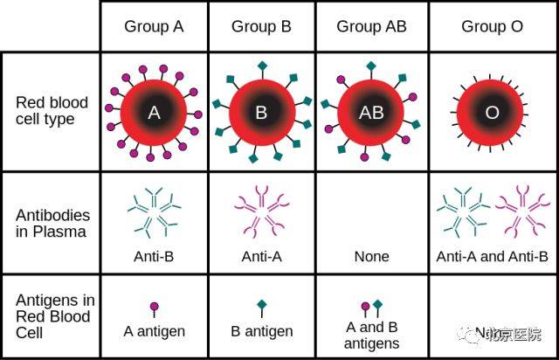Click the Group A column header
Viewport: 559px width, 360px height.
coord(154,27)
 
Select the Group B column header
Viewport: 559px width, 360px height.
coord(261,27)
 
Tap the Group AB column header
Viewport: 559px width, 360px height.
coord(371,27)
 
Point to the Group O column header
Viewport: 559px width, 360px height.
coord(492,27)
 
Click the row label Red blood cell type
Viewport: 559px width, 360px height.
coord(52,111)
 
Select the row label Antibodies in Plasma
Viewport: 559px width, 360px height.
coord(52,223)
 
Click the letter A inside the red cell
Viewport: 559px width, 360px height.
coord(154,113)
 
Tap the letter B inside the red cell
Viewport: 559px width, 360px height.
coord(261,113)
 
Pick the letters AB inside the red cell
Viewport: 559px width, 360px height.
coord(371,113)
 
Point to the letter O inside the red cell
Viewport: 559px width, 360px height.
coord(492,113)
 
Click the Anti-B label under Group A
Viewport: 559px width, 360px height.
coord(154,257)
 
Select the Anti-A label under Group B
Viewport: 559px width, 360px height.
coord(261,257)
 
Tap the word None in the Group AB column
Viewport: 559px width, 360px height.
coord(371,257)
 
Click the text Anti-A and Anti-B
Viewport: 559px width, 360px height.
coord(492,257)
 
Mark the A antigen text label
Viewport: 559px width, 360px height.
coord(154,332)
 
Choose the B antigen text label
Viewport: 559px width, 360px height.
coord(261,332)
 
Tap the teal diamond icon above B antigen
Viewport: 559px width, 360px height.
coord(261,305)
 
